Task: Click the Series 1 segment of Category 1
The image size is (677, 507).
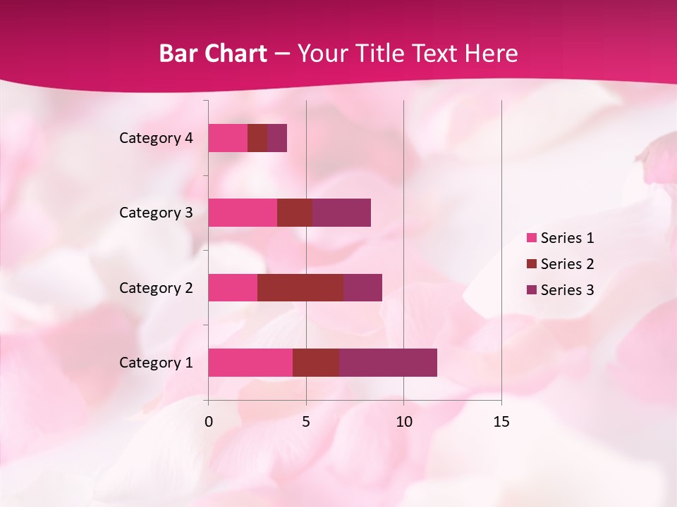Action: coord(250,363)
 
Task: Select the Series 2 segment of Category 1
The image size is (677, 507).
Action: coord(316,363)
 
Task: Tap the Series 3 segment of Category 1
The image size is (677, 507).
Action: coord(388,363)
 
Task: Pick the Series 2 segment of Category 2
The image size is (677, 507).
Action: coord(300,287)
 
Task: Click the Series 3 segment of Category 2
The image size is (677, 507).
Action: coord(362,287)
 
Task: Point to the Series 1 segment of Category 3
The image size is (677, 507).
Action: coord(243,213)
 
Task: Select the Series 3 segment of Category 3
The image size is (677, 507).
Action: coord(341,213)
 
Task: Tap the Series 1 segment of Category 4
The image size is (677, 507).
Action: coord(228,138)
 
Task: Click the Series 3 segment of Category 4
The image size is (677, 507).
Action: coord(277,138)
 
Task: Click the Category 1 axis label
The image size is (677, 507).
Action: coord(156,363)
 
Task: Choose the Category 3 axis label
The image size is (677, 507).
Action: coord(156,213)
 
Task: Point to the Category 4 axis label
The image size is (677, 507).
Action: coord(156,138)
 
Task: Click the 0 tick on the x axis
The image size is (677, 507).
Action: coord(209,422)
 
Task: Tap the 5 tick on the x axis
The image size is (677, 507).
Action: coord(306,422)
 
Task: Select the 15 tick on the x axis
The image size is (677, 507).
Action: coord(501,422)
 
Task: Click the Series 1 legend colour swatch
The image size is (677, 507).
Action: coord(531,238)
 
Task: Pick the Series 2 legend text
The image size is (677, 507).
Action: coord(567,264)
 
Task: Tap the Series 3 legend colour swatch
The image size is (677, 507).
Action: coord(531,290)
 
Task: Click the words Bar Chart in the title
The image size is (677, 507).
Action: coord(213,54)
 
